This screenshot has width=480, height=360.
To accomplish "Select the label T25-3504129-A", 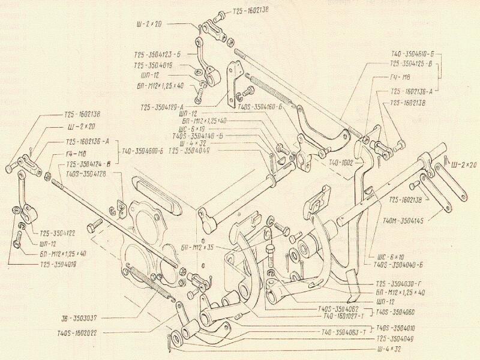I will click(163, 106).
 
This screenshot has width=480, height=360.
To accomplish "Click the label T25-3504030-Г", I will click(400, 284).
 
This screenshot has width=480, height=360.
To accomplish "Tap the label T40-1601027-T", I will click(342, 316).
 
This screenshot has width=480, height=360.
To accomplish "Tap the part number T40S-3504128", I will click(86, 173).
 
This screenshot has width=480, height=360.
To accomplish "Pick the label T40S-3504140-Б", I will click(197, 136).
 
